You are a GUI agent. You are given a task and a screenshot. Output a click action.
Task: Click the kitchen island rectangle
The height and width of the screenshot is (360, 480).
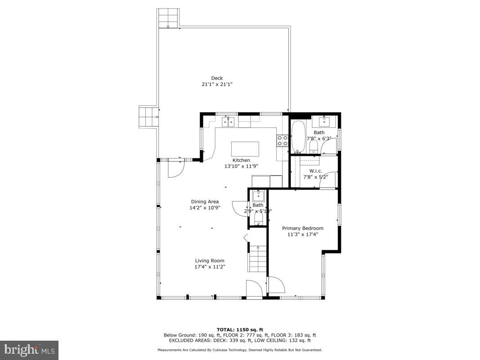tap(245, 148)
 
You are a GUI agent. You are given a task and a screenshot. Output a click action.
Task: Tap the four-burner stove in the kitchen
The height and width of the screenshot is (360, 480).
tap(282, 141)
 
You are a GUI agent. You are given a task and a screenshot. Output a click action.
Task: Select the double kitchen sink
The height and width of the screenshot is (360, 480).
tap(228, 122)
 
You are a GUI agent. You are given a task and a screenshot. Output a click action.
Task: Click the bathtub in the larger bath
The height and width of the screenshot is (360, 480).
tap(298, 137)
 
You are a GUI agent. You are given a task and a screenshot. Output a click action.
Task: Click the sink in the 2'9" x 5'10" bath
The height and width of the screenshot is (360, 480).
tap(258, 196)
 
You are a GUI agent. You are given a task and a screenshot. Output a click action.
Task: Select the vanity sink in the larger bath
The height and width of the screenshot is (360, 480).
tap(324, 121)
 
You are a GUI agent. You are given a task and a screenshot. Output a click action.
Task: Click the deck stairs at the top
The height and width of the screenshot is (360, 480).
tap(168, 18)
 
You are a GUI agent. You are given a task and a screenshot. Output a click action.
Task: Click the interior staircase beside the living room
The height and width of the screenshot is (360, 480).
tap(257, 259)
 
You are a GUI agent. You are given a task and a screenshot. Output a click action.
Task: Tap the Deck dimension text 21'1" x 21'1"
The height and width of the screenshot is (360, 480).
tap(217, 84)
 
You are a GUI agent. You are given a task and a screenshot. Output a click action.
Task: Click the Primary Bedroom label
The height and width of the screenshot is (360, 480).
tap(302, 228)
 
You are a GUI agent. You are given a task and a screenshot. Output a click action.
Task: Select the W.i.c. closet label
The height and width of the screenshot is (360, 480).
tap(316, 171)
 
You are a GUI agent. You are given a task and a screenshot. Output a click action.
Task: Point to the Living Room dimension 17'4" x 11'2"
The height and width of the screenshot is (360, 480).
tap(209, 267)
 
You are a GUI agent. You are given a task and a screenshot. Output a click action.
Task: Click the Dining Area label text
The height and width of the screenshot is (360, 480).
tap(205, 202)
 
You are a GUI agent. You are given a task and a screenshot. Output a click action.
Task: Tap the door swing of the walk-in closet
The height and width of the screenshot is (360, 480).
tap(331, 178)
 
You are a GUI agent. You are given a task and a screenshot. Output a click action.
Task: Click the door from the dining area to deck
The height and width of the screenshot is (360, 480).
tap(175, 168)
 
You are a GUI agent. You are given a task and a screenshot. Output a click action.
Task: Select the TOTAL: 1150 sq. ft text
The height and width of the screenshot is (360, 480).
tap(240, 329)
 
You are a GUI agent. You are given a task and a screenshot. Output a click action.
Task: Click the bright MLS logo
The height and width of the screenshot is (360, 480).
tap(29, 350)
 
